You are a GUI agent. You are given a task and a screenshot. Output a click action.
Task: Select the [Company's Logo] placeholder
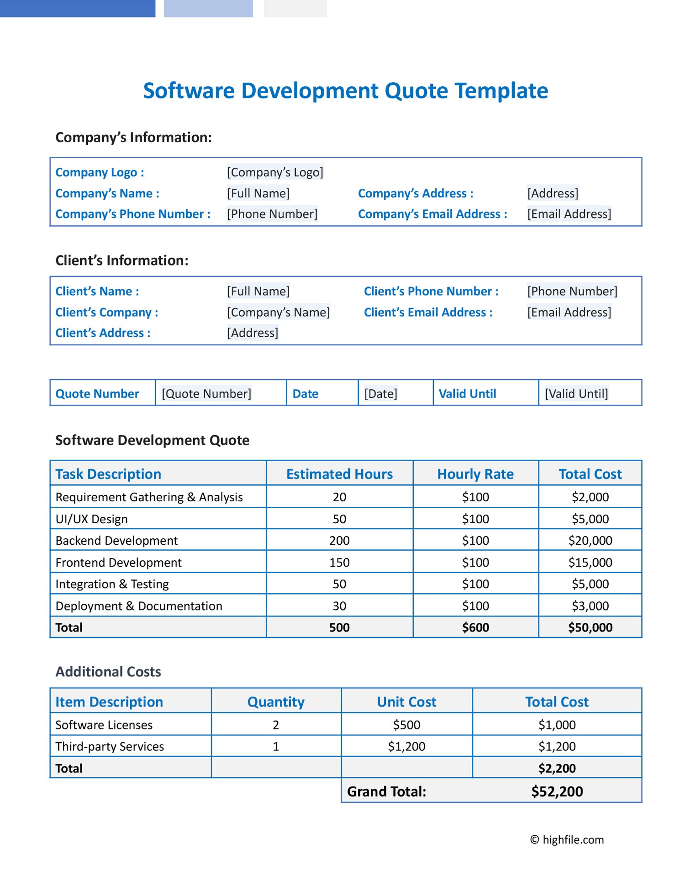click(275, 172)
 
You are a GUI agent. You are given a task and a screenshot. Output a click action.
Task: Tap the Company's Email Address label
click(432, 214)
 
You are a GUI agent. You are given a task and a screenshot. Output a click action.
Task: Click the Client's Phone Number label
click(431, 291)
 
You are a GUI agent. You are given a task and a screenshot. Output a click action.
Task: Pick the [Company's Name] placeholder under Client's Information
click(278, 312)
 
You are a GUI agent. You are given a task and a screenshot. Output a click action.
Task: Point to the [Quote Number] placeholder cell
click(206, 393)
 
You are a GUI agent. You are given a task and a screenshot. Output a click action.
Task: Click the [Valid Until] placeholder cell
click(576, 393)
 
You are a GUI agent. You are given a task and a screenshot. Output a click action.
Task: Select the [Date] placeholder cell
click(380, 393)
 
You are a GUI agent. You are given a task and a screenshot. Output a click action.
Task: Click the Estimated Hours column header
click(339, 474)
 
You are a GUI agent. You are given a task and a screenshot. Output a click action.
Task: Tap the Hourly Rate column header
click(475, 474)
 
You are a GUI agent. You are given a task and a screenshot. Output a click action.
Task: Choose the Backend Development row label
click(116, 541)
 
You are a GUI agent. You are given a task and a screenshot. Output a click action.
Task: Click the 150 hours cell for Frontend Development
click(339, 563)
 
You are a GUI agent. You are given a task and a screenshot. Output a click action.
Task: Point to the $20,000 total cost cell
click(590, 541)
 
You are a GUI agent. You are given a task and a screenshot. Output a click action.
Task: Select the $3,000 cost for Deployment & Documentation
click(590, 606)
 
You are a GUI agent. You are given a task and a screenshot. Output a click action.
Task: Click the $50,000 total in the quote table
click(590, 627)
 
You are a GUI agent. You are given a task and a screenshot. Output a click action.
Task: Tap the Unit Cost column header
click(406, 702)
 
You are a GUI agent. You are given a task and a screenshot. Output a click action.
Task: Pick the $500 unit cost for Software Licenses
click(406, 725)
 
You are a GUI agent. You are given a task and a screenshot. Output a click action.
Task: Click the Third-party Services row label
click(110, 746)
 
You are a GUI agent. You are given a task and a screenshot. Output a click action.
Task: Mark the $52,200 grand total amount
click(557, 791)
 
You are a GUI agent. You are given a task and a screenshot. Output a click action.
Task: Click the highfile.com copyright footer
click(567, 839)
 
